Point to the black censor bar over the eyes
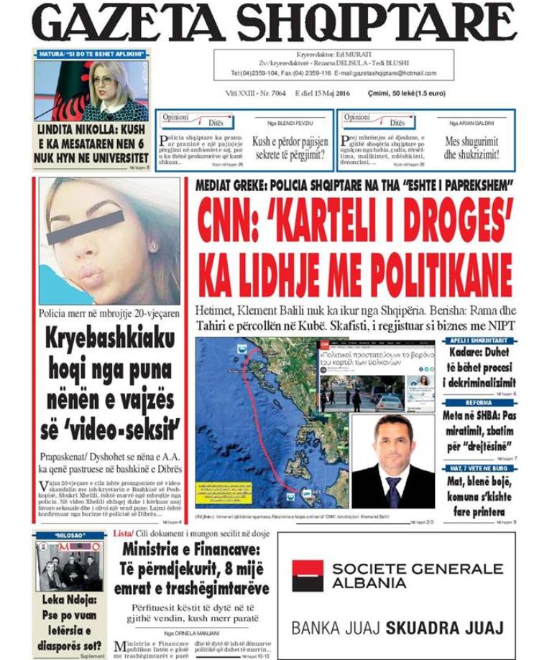click(x=86, y=228)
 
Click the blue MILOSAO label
click(x=70, y=535)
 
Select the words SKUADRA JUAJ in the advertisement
click(x=444, y=628)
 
